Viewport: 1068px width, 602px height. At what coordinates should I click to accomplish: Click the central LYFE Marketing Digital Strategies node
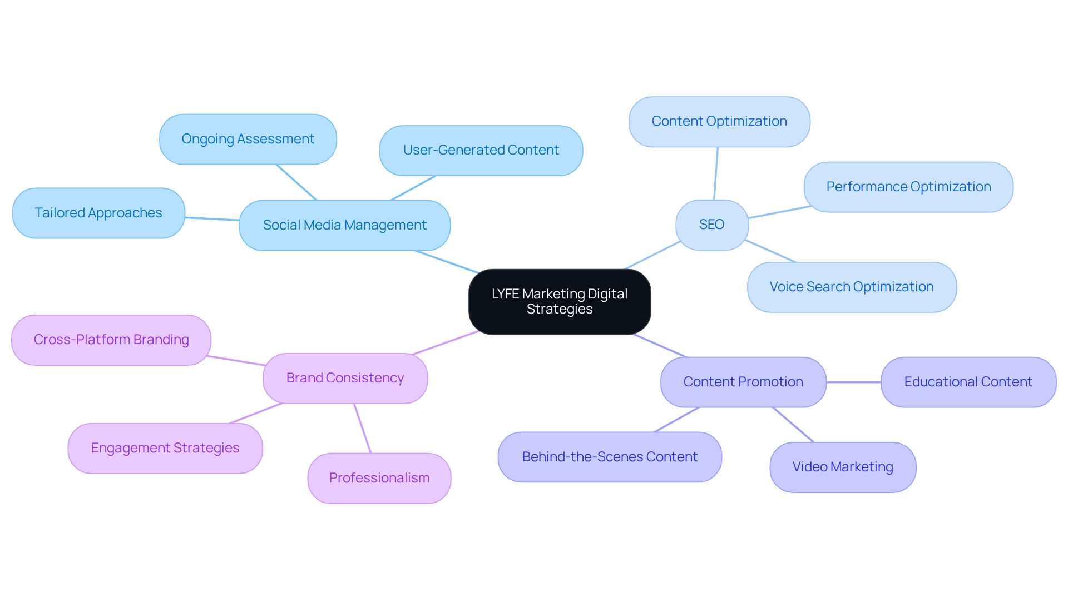(560, 301)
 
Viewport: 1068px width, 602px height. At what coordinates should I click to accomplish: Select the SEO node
(711, 225)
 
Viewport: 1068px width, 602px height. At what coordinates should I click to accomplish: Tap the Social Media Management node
(344, 225)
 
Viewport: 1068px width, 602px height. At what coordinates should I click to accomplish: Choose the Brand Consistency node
(345, 378)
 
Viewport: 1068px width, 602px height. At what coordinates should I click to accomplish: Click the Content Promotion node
(743, 382)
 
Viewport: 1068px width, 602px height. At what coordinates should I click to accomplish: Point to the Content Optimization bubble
(719, 121)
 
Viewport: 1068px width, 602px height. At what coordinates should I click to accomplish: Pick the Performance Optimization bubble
(908, 187)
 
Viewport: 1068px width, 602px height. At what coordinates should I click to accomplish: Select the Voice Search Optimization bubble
(851, 287)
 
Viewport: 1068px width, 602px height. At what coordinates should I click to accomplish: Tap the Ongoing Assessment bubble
(248, 139)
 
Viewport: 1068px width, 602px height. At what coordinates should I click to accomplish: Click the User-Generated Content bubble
(481, 150)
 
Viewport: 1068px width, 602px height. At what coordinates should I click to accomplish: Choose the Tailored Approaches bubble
(98, 213)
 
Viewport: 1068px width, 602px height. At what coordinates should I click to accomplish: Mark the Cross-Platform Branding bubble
(111, 340)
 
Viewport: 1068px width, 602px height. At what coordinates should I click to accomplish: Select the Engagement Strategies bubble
(165, 448)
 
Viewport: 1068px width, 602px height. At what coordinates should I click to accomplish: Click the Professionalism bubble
(379, 478)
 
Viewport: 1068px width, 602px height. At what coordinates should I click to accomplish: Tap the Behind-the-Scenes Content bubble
(609, 457)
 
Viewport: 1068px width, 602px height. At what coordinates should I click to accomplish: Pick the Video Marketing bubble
(842, 467)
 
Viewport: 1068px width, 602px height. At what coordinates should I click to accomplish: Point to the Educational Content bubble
(968, 382)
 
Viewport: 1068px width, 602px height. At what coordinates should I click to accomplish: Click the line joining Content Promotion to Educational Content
(853, 382)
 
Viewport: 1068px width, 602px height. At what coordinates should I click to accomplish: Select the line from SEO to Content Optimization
(716, 173)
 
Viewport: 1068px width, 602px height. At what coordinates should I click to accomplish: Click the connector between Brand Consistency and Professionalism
(362, 428)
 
